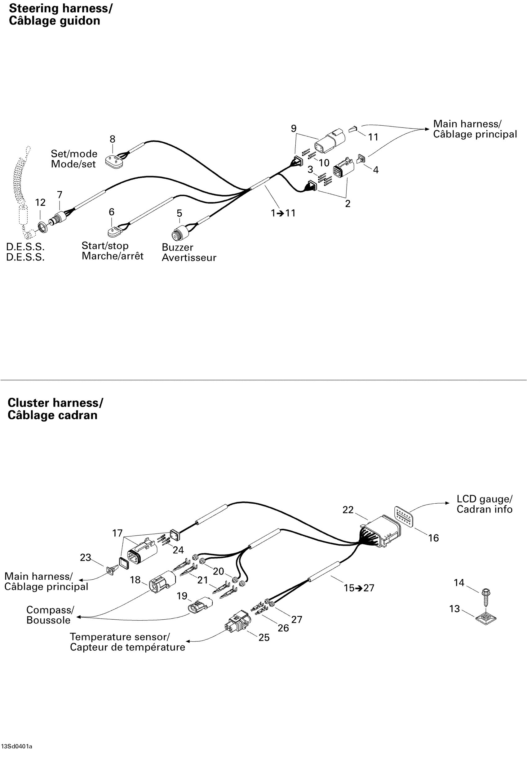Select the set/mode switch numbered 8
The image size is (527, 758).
[113, 160]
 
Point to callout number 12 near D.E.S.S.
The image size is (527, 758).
[40, 203]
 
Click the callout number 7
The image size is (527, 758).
[60, 195]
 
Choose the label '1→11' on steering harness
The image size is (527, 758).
[283, 213]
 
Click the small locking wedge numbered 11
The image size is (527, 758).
[353, 129]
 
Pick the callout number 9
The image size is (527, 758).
[293, 128]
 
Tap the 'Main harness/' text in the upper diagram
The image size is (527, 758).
[467, 124]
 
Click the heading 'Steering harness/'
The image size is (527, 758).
[60, 8]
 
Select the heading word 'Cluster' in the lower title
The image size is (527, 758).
[29, 403]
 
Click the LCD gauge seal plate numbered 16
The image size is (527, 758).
[404, 516]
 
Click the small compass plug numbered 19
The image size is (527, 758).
[201, 605]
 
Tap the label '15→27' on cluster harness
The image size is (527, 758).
[359, 588]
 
